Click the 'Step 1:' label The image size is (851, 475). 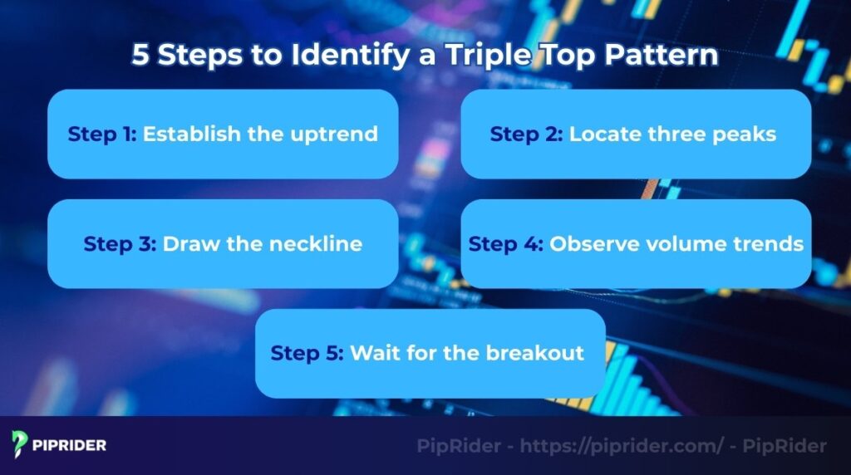coord(102,134)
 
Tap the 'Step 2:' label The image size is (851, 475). coord(526,134)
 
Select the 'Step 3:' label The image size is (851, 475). coord(119,244)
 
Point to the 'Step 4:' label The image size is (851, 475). coord(505,244)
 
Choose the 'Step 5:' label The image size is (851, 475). coord(307,353)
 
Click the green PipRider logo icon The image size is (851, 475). coord(20,444)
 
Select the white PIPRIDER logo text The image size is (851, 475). coord(70,445)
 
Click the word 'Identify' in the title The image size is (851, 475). coord(356,56)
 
